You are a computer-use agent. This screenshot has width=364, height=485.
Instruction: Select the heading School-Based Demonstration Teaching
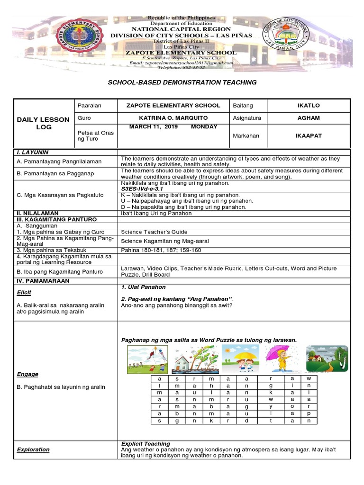(x=182, y=82)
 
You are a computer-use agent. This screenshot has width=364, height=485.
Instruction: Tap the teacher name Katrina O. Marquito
(x=173, y=118)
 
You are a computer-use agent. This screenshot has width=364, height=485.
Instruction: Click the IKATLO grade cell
(x=308, y=106)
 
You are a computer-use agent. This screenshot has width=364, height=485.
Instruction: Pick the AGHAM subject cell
(x=308, y=118)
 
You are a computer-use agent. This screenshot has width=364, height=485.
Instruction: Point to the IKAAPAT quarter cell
(x=308, y=136)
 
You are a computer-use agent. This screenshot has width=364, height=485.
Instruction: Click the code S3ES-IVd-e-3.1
(x=142, y=189)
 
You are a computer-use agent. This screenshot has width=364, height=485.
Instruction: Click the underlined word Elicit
(x=24, y=293)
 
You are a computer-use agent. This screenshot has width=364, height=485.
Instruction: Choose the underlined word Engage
(x=27, y=374)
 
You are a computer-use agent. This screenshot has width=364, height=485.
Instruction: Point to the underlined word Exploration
(x=33, y=449)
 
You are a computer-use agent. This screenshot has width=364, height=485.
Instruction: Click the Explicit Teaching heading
(x=146, y=444)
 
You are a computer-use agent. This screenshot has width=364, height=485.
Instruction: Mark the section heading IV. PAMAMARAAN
(x=43, y=281)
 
